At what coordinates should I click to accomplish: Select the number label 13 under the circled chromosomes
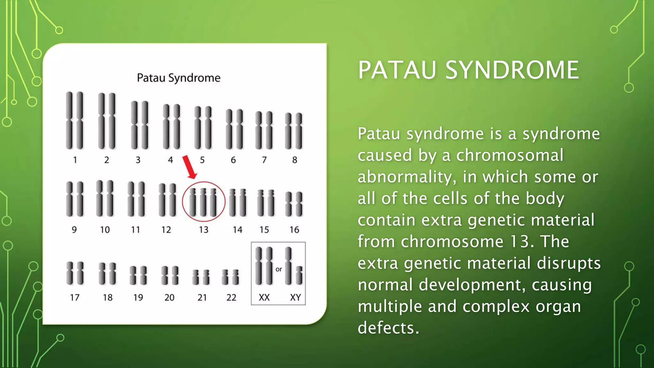pyautogui.click(x=203, y=230)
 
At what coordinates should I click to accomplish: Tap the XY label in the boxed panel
pyautogui.click(x=295, y=297)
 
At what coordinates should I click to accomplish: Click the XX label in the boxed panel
pyautogui.click(x=264, y=297)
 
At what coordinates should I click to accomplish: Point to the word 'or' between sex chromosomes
pyautogui.click(x=279, y=269)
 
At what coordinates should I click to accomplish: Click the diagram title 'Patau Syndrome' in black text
pyautogui.click(x=179, y=78)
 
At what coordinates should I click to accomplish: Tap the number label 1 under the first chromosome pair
pyautogui.click(x=75, y=160)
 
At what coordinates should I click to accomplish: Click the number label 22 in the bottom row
pyautogui.click(x=231, y=297)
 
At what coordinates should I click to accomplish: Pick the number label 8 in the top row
pyautogui.click(x=294, y=160)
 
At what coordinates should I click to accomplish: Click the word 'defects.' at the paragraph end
pyautogui.click(x=388, y=328)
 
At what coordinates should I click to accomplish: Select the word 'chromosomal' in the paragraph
pyautogui.click(x=510, y=155)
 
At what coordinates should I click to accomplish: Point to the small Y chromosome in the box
pyautogui.click(x=299, y=275)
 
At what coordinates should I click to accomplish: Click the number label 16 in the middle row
pyautogui.click(x=294, y=230)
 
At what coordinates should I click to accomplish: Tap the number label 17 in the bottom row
pyautogui.click(x=75, y=297)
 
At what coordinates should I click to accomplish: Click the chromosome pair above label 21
pyautogui.click(x=201, y=277)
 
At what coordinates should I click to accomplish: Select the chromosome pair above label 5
pyautogui.click(x=203, y=127)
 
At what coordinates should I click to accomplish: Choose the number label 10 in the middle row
pyautogui.click(x=105, y=230)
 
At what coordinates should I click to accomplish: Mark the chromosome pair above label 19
pyautogui.click(x=138, y=275)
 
